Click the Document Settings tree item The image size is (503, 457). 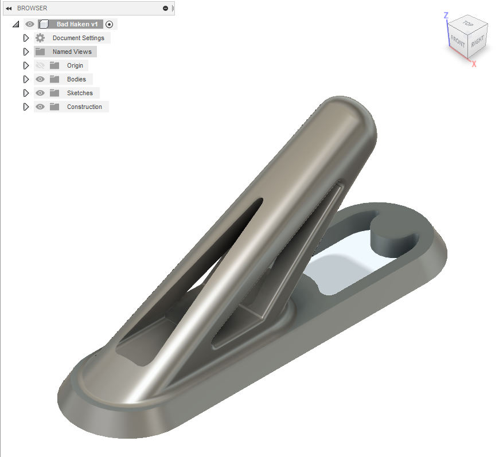pos(78,38)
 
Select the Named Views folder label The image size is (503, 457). pos(72,52)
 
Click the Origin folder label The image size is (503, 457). pos(75,65)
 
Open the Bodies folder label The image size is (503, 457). pos(76,79)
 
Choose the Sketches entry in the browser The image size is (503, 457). pos(80,93)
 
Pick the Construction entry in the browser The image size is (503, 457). pos(84,107)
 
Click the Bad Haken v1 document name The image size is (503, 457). pos(77,24)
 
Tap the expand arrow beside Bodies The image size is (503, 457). pos(26,79)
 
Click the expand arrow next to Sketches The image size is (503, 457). pos(26,93)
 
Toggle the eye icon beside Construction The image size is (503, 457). pos(40,107)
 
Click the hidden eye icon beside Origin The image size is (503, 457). pos(40,65)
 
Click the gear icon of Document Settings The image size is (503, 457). pos(40,38)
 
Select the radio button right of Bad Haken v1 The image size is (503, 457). pos(110,24)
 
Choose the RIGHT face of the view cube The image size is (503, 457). pos(478,41)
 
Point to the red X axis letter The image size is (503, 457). pos(474,64)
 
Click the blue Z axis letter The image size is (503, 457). pos(446,15)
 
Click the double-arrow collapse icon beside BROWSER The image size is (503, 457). pos(9,8)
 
